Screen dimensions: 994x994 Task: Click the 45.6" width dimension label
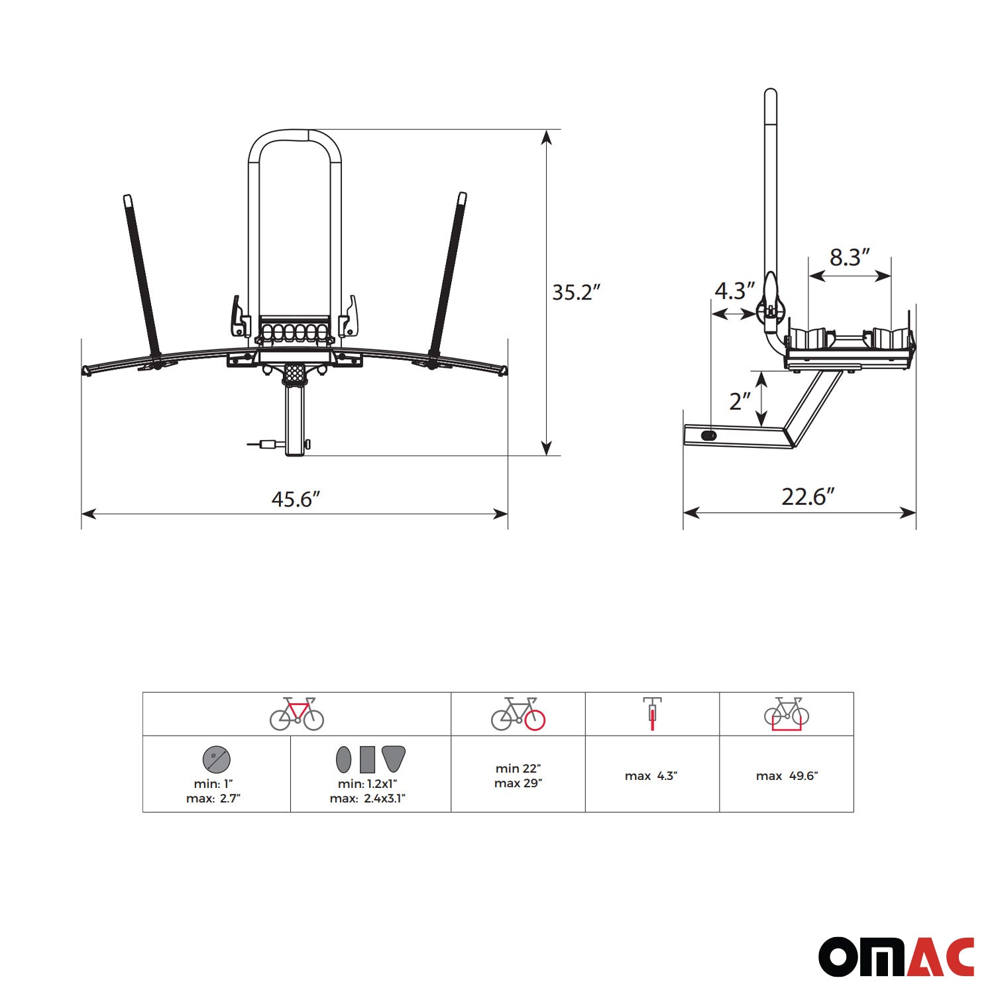(x=296, y=499)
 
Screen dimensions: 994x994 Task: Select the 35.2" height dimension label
(x=577, y=292)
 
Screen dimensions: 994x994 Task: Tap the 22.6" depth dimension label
(x=808, y=496)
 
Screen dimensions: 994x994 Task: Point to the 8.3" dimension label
(x=850, y=257)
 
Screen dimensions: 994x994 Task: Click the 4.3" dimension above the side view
(x=735, y=290)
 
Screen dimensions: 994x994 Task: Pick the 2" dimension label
(x=740, y=401)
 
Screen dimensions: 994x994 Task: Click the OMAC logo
(x=897, y=957)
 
